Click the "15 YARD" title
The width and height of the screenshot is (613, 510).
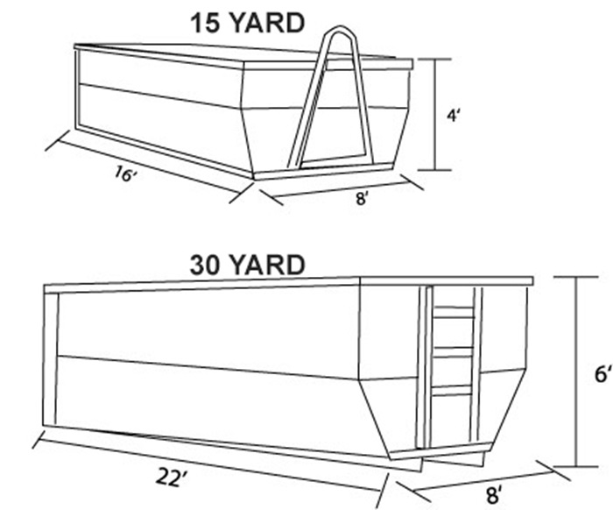pyautogui.click(x=247, y=23)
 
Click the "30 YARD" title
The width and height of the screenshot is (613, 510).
pyautogui.click(x=247, y=265)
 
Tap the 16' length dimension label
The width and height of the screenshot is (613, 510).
pyautogui.click(x=126, y=174)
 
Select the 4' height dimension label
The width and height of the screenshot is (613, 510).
pyautogui.click(x=453, y=116)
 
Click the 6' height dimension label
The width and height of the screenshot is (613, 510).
pyautogui.click(x=602, y=374)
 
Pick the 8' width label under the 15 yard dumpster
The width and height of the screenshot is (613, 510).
pyautogui.click(x=362, y=198)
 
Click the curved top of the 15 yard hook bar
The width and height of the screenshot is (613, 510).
pyautogui.click(x=341, y=28)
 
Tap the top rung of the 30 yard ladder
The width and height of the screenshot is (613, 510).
pyautogui.click(x=454, y=312)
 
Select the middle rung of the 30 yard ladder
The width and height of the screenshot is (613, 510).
pyautogui.click(x=454, y=351)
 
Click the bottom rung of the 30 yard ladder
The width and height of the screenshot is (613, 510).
pyautogui.click(x=453, y=390)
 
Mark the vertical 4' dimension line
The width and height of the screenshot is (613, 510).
pyautogui.click(x=435, y=115)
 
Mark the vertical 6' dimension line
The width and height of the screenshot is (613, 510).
pyautogui.click(x=576, y=372)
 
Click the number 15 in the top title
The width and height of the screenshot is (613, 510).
pyautogui.click(x=206, y=23)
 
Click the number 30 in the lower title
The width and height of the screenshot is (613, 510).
pyautogui.click(x=206, y=266)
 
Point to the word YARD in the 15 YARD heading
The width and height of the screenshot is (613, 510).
pyautogui.click(x=267, y=23)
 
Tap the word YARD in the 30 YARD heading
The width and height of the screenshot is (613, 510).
pyautogui.click(x=268, y=265)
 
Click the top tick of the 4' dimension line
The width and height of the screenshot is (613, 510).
pyautogui.click(x=434, y=60)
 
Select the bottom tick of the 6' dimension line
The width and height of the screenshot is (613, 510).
pyautogui.click(x=576, y=466)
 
